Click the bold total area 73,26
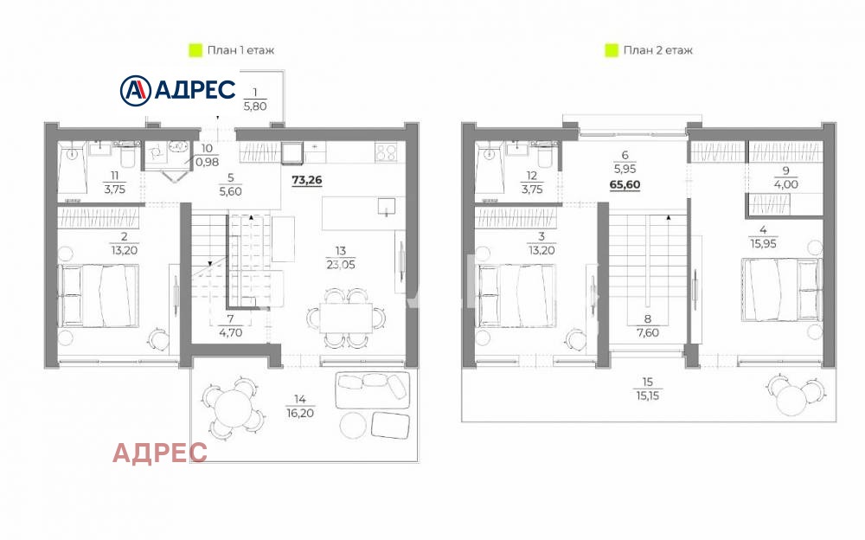307,181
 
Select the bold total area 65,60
625,185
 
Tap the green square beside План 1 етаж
195,50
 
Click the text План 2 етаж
657,50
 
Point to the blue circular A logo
135,91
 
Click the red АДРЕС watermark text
160,453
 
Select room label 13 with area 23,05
340,259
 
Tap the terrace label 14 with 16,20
299,406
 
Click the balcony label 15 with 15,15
647,389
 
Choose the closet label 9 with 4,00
785,177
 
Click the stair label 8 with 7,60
648,325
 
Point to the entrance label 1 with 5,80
255,100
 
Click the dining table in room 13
346,318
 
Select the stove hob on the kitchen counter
386,151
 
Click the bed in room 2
99,295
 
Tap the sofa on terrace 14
373,389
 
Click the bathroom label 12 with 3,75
532,183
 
